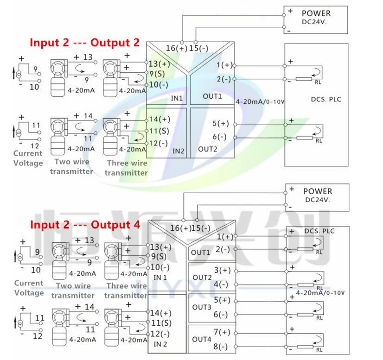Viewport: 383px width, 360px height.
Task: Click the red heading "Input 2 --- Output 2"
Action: point(84,43)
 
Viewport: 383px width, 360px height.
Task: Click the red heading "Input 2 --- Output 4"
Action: point(84,225)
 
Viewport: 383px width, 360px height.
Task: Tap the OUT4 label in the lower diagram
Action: point(202,339)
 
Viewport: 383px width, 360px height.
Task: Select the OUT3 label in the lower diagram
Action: point(202,307)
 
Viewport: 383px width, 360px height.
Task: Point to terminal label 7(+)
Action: point(222,332)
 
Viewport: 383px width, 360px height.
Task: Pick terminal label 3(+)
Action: point(222,270)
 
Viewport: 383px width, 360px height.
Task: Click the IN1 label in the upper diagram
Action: point(177,99)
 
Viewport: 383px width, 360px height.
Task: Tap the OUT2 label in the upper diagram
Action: point(207,149)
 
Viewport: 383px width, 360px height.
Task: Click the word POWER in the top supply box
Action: point(317,13)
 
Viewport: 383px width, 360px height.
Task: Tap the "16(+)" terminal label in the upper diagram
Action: point(177,48)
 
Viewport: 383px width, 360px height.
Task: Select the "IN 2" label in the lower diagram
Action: point(160,343)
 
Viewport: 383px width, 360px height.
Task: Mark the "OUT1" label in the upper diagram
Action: point(212,96)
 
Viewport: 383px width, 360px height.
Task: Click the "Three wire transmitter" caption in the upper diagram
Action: point(127,168)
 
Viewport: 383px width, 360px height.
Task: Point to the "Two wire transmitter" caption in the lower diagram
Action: point(73,291)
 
